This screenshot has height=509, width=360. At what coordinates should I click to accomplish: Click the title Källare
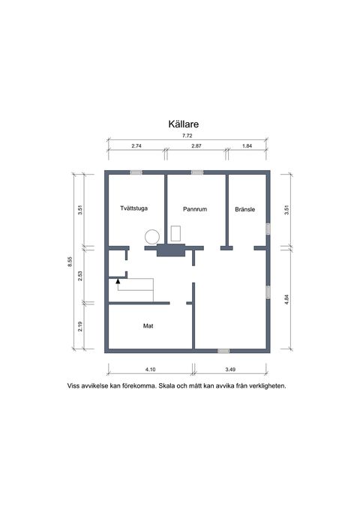coord(181,127)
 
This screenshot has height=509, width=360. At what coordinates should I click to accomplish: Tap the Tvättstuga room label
coord(133,209)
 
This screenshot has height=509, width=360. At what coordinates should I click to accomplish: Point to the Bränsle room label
coord(245,209)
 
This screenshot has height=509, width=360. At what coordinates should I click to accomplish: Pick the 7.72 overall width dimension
coord(186,134)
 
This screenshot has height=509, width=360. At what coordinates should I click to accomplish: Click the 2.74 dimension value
coord(136,145)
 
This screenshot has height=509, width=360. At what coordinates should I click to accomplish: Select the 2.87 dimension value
coord(196,145)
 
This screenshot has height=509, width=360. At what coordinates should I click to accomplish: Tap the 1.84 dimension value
coord(246,145)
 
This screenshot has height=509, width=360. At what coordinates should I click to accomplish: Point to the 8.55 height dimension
coord(70,261)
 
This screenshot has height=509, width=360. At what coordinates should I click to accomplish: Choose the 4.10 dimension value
coord(150,370)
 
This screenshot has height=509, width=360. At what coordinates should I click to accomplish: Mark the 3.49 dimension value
coord(231,370)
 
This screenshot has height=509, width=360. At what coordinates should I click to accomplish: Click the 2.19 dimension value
coord(80,328)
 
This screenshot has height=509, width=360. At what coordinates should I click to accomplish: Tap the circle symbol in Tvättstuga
coord(151,236)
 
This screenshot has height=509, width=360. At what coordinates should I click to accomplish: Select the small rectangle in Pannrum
coord(176,233)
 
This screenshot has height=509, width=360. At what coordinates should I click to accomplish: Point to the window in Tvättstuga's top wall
coord(136,172)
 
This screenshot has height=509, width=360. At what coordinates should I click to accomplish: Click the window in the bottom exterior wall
coord(223,350)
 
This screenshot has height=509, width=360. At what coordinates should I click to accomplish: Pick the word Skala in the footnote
coord(169,387)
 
